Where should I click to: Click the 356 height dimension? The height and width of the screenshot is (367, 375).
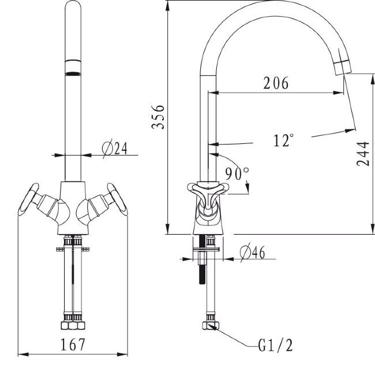click(x=158, y=117)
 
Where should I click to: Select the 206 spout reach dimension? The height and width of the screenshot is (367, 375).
click(x=276, y=83)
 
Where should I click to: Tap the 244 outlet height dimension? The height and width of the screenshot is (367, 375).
click(x=363, y=154)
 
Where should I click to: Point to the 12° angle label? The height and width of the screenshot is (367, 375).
click(x=283, y=140)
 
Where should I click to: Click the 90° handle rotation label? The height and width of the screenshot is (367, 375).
click(x=237, y=173)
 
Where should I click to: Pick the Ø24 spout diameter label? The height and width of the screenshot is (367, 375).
click(x=115, y=149)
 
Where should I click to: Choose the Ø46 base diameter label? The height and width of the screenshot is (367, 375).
click(x=252, y=252)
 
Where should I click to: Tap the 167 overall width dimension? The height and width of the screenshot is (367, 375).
click(x=73, y=344)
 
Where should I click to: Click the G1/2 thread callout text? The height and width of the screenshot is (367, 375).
click(x=276, y=346)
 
